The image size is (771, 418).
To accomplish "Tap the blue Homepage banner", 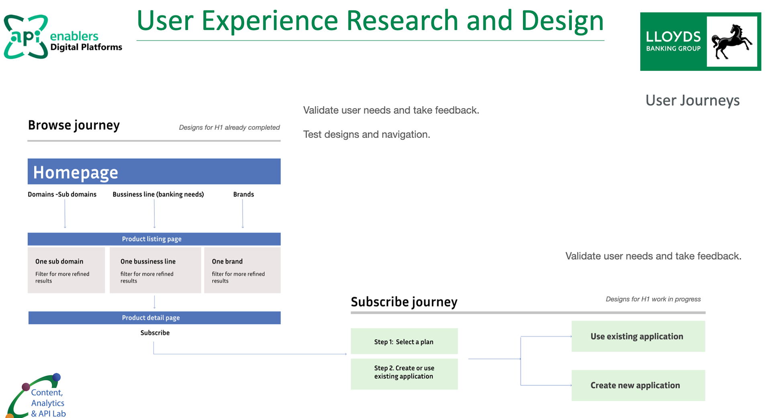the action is coord(154,172).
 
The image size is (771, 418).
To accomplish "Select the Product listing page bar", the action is coord(154,239).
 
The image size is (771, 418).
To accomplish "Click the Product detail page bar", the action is coord(155,318).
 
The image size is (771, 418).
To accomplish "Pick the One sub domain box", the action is coord(66,270).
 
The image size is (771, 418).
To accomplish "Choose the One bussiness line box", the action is coord(155,270).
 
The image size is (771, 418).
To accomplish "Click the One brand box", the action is coord(243,270).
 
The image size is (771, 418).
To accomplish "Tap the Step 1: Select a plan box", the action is coord(404,341).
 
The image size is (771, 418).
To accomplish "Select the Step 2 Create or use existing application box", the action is coord(404,374).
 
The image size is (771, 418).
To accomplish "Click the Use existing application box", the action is coord(638,336).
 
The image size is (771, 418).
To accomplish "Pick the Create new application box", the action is coord(638,385).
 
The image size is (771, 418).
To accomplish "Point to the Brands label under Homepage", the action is coord(244,195).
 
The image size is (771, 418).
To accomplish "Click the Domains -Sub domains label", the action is coord(62,195).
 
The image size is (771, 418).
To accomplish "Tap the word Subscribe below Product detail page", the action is coord(155,333).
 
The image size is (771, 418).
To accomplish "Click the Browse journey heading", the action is coord(74,125).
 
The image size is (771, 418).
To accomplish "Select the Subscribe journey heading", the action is coord(404,302).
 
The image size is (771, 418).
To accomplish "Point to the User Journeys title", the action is coord(693,100).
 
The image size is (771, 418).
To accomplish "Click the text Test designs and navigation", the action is coord(367,135).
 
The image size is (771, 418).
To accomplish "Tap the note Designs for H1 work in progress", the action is coord(653,299).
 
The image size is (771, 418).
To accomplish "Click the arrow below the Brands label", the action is coord(243,214).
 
